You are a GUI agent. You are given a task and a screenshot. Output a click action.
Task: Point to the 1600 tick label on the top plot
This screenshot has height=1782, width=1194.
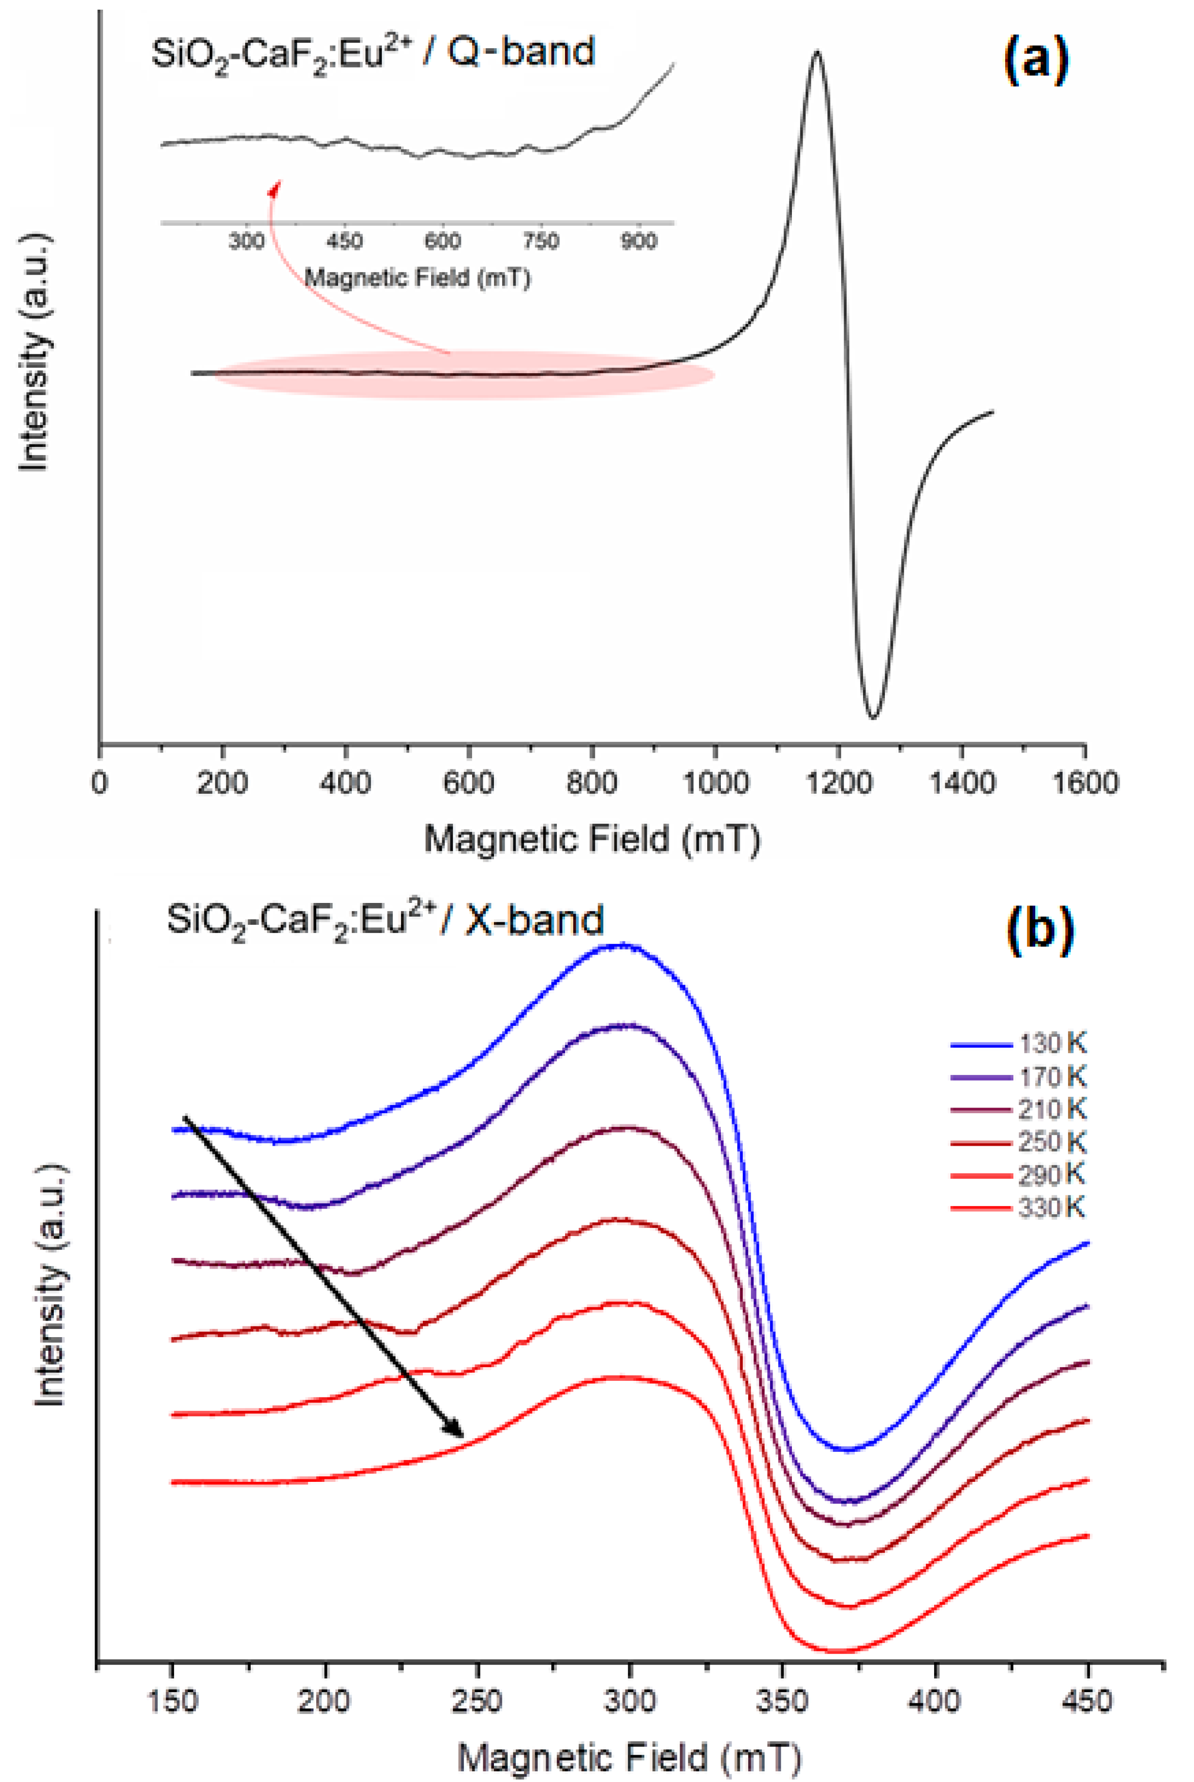1084,782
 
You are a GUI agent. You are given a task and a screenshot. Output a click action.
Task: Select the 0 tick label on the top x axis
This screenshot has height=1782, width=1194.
99,782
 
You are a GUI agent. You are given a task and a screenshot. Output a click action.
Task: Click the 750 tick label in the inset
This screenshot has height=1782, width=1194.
540,241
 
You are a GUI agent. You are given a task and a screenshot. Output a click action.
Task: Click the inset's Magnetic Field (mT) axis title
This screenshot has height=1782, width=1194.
417,277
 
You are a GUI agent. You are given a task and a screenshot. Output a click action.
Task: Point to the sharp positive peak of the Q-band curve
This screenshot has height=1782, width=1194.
817,53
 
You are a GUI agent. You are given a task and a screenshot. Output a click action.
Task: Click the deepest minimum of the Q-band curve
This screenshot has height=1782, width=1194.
873,717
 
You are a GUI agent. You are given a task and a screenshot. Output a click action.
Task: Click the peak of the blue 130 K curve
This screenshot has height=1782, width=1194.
623,946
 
